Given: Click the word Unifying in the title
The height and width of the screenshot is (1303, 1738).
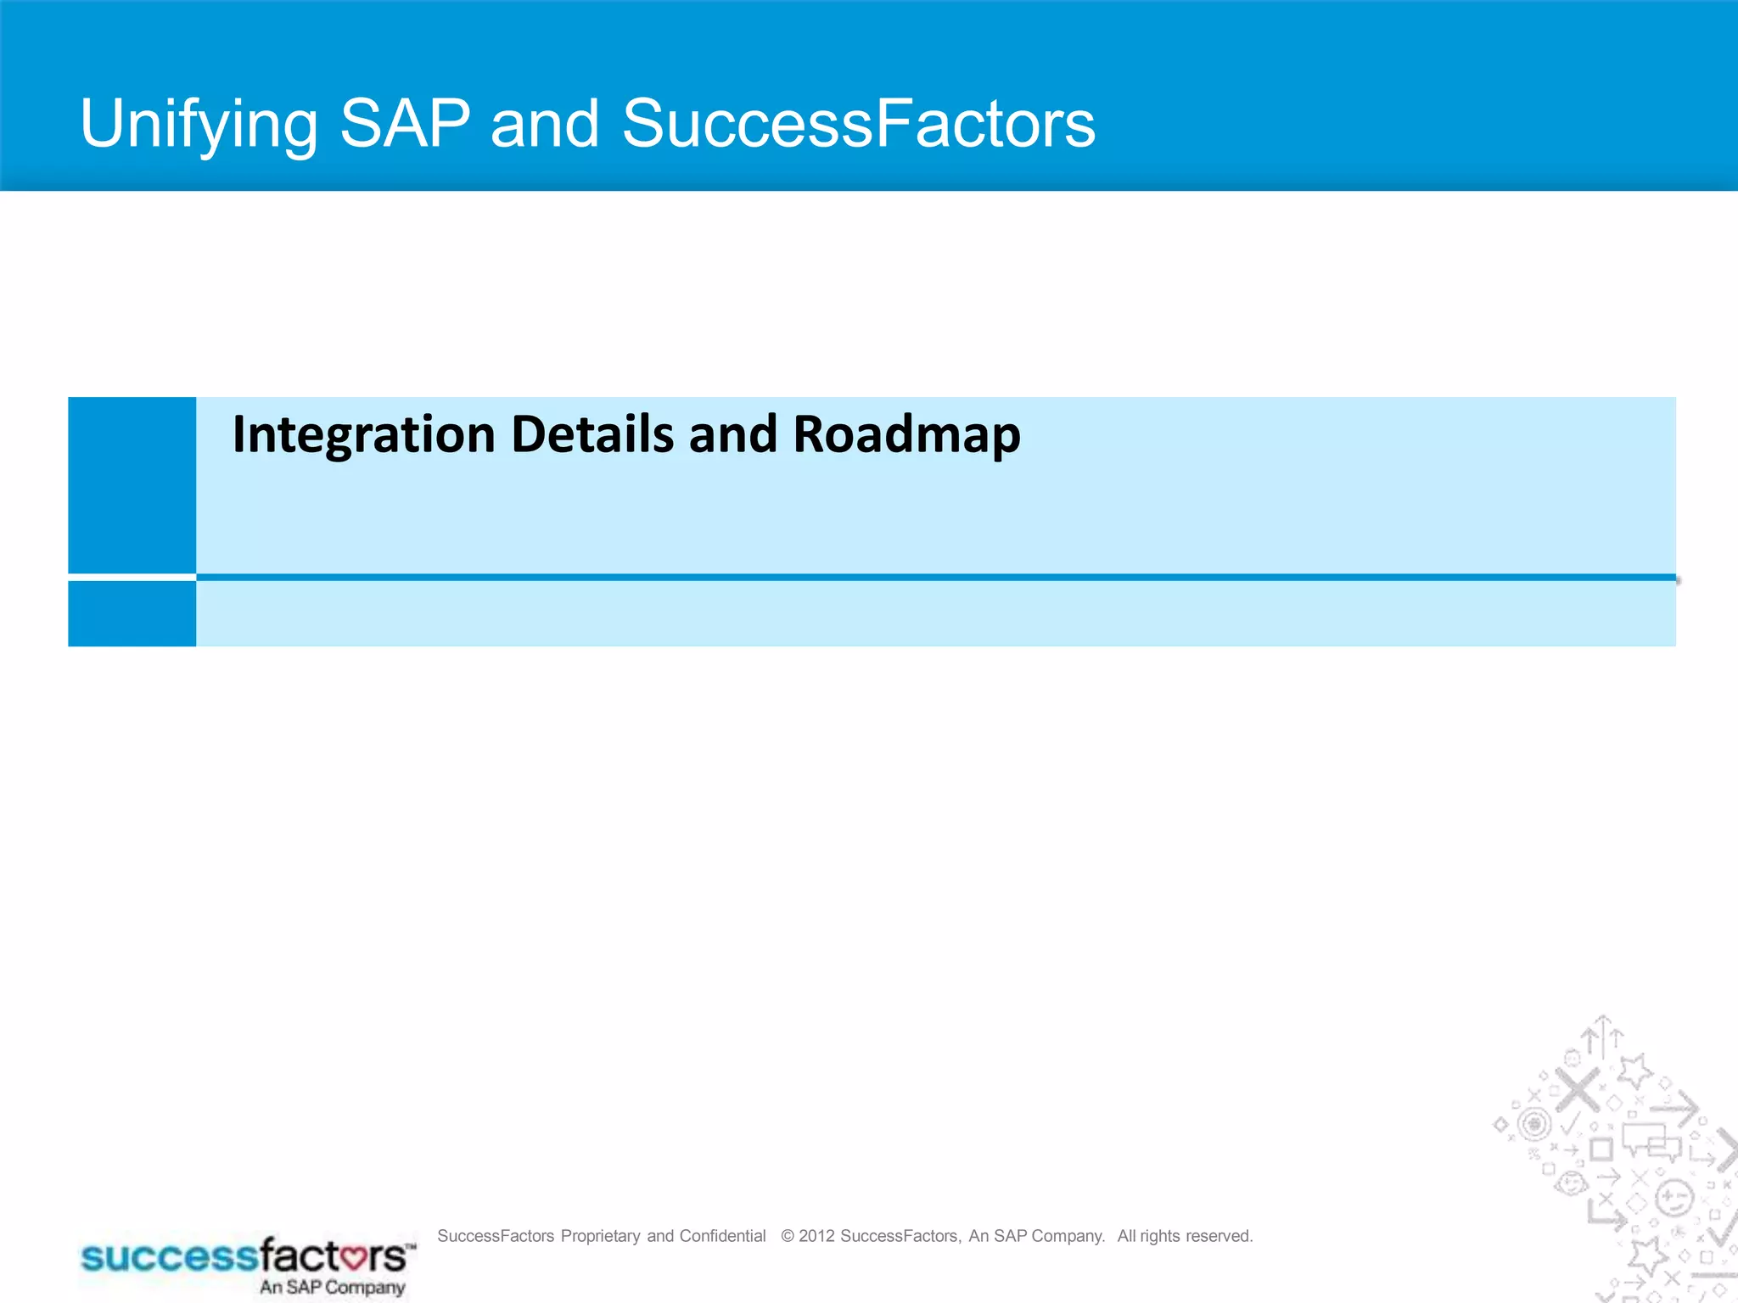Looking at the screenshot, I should click(199, 125).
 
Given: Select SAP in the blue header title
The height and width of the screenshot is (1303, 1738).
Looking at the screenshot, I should click(405, 123).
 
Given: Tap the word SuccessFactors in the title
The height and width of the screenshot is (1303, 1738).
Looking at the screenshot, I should click(858, 123).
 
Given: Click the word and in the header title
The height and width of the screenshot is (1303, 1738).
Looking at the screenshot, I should click(545, 123).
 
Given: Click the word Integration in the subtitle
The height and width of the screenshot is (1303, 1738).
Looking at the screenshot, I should click(363, 434).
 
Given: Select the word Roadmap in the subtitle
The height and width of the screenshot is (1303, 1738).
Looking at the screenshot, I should click(905, 434).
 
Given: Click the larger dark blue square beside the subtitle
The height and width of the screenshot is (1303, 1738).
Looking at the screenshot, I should click(132, 484).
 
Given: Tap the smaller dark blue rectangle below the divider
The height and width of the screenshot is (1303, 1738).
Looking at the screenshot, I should click(132, 613).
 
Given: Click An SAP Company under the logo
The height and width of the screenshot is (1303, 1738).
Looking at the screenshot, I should click(332, 1287).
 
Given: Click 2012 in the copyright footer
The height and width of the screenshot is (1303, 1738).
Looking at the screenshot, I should click(816, 1236).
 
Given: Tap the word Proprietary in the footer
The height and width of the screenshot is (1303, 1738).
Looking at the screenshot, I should click(600, 1236).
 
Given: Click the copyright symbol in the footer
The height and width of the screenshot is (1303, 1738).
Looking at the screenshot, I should click(788, 1236).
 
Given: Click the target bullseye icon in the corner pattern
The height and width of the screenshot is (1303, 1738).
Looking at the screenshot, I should click(1534, 1125).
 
